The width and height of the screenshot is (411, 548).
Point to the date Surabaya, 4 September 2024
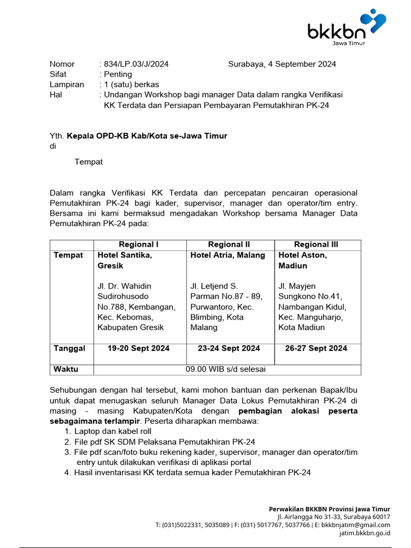[282, 64]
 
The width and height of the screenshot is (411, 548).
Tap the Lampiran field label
[67, 85]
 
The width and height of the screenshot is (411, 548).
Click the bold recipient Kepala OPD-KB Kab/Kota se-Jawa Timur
[147, 136]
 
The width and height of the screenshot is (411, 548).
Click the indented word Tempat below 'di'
[88, 162]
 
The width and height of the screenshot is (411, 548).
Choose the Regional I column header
[139, 245]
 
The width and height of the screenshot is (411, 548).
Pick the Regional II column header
[229, 245]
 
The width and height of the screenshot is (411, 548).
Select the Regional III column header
[316, 245]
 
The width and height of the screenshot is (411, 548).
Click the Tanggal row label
[70, 348]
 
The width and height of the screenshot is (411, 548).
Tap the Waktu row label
[66, 369]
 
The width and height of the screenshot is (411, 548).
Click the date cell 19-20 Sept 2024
[139, 348]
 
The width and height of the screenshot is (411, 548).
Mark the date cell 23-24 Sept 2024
[229, 348]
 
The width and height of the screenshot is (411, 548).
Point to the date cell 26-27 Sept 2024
[316, 348]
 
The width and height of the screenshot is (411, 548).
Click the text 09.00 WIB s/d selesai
[226, 369]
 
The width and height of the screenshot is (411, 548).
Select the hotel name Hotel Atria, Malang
[228, 255]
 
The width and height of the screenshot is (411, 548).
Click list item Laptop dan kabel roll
[113, 431]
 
